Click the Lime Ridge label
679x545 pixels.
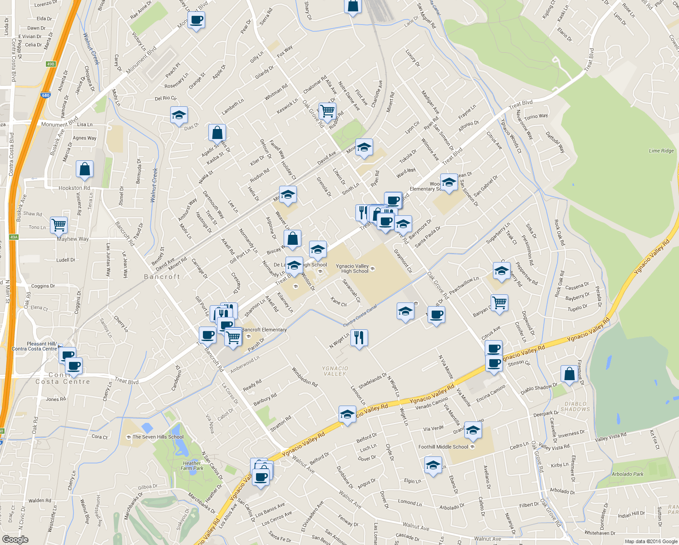[661, 151]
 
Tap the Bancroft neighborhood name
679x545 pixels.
[162, 277]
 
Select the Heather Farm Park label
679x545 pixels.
[192, 466]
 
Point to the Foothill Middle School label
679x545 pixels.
[443, 447]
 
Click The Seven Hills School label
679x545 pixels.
[157, 437]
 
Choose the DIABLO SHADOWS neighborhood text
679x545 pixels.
[575, 406]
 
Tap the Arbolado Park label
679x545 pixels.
[627, 474]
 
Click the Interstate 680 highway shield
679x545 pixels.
[45, 95]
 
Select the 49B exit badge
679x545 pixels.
[50, 64]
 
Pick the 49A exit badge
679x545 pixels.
[14, 237]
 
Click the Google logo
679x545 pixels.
[15, 539]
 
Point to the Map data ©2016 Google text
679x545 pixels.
[651, 541]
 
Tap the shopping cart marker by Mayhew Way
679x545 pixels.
[59, 224]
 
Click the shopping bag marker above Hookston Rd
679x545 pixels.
[85, 169]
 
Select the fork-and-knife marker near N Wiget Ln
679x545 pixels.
[359, 337]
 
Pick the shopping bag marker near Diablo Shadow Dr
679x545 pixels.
[569, 374]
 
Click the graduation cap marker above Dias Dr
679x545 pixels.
[179, 115]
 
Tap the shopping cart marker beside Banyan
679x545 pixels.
[499, 302]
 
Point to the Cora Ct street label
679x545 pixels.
[99, 437]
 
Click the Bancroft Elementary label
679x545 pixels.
[264, 330]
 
